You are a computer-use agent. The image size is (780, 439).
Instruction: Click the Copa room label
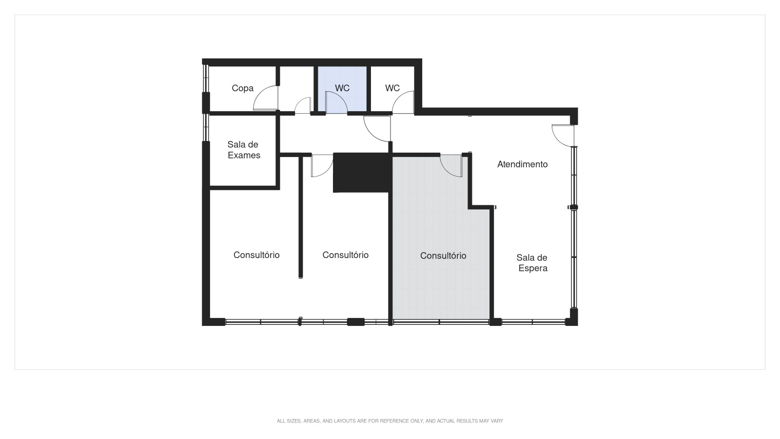pos(242,88)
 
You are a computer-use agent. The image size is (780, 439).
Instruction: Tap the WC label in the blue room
pos(342,88)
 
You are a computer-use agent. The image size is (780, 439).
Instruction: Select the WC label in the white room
pos(392,88)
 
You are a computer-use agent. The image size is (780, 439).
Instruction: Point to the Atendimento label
pos(522,164)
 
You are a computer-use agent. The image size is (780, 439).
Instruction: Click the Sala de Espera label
pos(532,263)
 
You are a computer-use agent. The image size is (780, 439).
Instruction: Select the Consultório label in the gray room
pos(443,256)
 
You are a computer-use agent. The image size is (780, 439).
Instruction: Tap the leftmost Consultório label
pos(256,255)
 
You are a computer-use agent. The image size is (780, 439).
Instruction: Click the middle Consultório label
pos(345,255)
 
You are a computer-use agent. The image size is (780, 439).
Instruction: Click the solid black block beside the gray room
pos(362,172)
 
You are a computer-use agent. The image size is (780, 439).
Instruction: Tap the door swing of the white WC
pos(404,103)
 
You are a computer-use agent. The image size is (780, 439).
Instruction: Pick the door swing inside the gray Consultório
pos(451,165)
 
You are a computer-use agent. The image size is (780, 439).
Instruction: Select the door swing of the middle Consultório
pos(321,166)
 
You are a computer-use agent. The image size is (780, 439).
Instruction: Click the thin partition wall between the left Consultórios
pos(301,217)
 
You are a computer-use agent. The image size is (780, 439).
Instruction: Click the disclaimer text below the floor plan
pos(390,421)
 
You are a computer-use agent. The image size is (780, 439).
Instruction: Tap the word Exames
pos(244,155)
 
